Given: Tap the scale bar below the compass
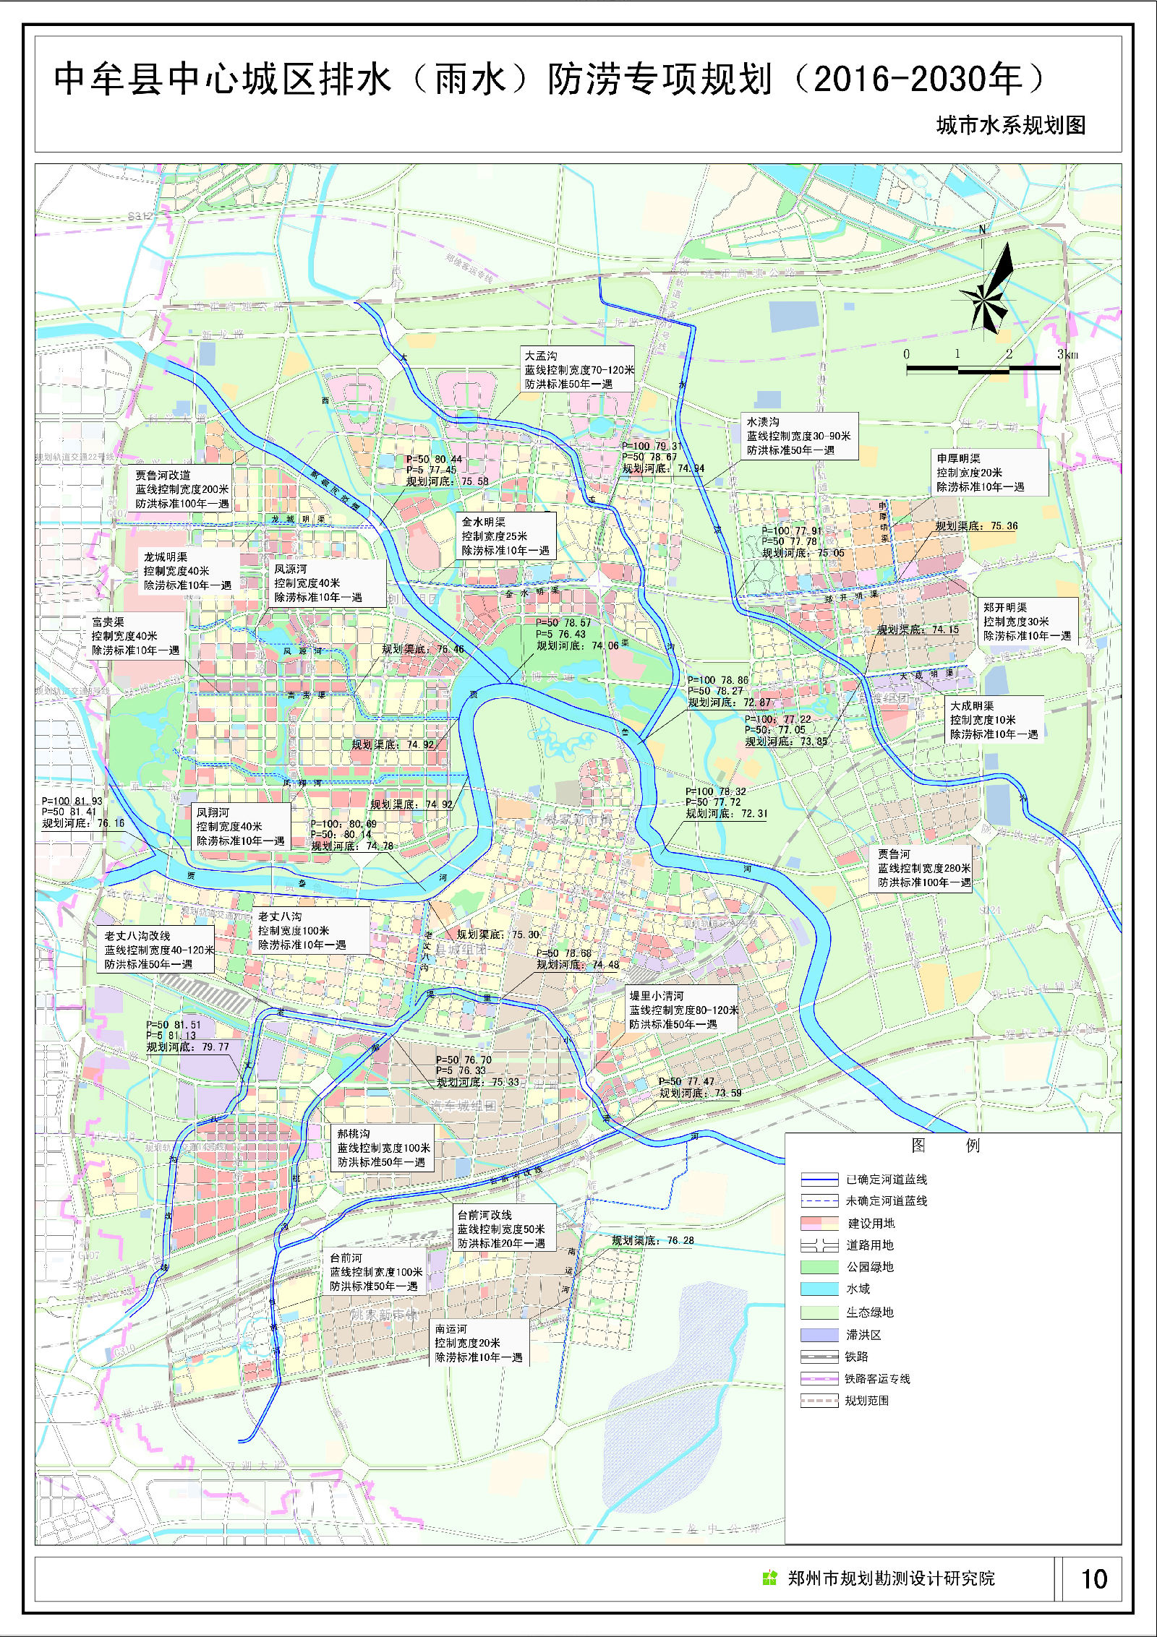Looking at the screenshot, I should click(983, 369).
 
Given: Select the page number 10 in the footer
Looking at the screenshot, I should click(1093, 1578).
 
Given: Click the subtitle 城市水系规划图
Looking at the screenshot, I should click(1010, 126).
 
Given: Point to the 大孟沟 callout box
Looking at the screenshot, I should click(578, 369).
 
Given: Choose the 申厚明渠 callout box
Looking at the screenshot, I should click(989, 473).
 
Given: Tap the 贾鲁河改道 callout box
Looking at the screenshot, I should click(182, 489).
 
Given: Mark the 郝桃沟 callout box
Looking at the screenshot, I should click(383, 1148).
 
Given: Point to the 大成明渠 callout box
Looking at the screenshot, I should click(994, 720).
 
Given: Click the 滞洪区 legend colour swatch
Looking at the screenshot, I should click(818, 1335).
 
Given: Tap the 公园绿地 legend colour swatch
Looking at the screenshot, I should click(818, 1267).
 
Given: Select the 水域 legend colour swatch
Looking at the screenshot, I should click(818, 1289).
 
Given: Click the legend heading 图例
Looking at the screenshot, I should click(945, 1146).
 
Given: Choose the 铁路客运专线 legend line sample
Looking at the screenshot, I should click(818, 1379).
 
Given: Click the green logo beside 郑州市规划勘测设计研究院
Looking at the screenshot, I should click(770, 1578).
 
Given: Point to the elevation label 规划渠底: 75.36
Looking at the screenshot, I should click(975, 526).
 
